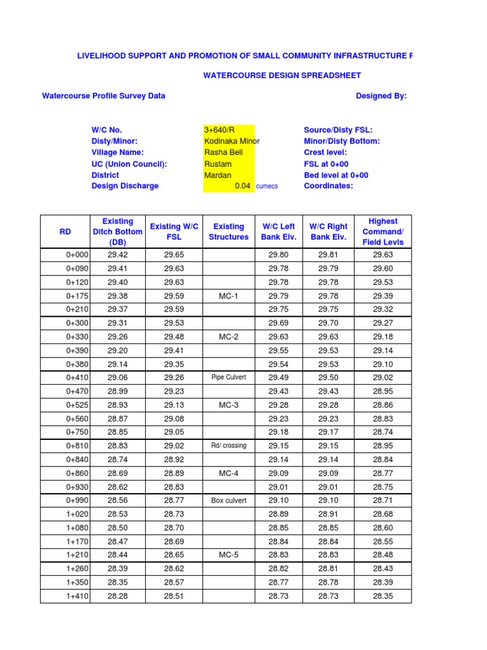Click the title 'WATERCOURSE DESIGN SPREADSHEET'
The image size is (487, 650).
point(282,76)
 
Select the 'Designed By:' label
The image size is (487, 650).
point(381,96)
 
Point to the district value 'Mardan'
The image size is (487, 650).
point(217,175)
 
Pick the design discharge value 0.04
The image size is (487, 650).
point(242,186)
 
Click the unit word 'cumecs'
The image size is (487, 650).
point(266,187)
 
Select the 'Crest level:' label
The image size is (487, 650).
point(325,152)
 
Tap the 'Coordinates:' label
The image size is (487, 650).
point(328,186)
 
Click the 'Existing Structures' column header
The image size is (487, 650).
point(228,232)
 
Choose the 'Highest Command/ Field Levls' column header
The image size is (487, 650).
point(382,232)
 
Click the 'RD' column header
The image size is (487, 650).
point(65,232)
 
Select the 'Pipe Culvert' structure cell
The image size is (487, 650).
point(228,378)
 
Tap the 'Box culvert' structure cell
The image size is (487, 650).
point(228,501)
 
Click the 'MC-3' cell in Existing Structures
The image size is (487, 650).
point(228,405)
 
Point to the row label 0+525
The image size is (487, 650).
point(77,405)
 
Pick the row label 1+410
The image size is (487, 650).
point(77,596)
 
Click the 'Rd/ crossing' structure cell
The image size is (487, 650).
point(228,446)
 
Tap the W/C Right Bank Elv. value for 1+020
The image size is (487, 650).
point(328,514)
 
